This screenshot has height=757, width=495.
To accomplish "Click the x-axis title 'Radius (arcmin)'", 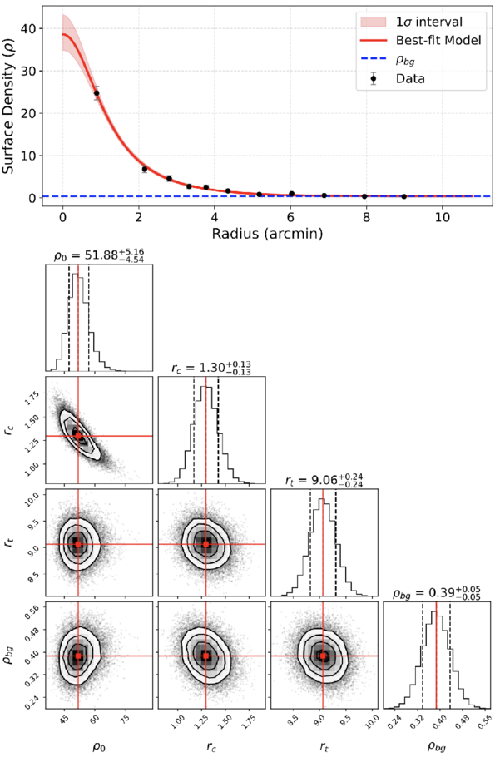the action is click(267, 234).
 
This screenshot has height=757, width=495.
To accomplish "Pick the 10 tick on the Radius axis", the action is click(443, 217).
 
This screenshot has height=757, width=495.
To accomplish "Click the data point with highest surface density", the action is click(97, 92).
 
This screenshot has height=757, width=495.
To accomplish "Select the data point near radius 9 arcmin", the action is click(404, 196).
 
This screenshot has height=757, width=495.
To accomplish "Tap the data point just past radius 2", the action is click(145, 169).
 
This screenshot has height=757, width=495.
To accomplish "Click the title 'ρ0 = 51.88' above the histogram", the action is click(98, 255).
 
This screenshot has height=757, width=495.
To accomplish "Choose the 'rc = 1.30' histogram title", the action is click(211, 368).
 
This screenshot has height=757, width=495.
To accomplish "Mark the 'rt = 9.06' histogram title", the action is click(324, 480).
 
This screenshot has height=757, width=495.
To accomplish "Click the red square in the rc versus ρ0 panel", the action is click(78, 436).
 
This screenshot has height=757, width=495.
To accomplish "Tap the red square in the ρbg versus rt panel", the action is click(323, 656).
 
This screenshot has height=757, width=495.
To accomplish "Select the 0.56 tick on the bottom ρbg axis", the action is click(483, 720).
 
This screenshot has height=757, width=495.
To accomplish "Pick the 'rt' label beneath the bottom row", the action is click(324, 747).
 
